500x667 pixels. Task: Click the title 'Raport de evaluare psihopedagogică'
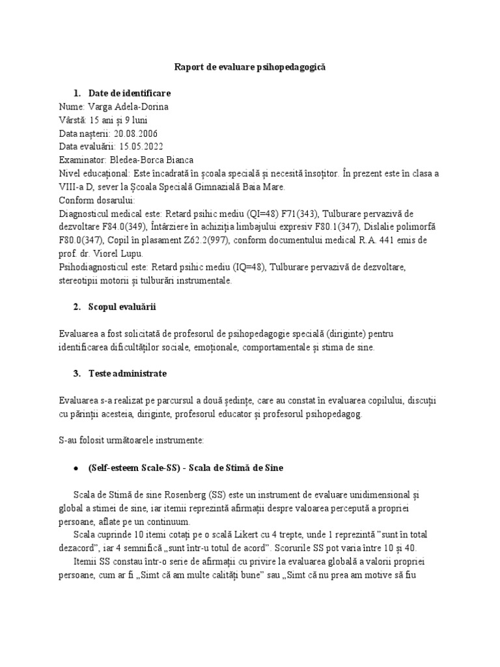tap(250, 67)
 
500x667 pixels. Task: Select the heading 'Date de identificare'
tap(130, 94)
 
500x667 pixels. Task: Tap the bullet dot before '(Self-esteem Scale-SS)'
tap(77, 468)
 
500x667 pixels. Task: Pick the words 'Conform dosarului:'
tap(97, 199)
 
